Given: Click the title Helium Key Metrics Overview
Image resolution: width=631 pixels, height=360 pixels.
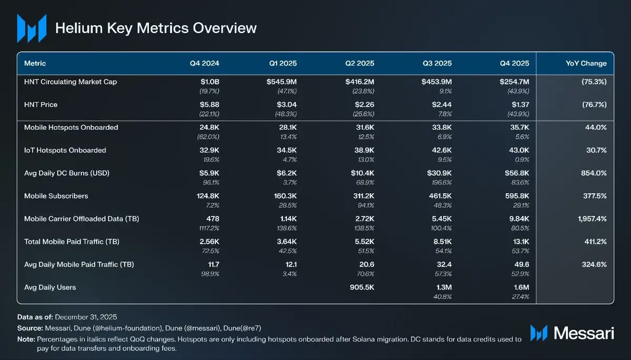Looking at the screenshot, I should tap(156, 27).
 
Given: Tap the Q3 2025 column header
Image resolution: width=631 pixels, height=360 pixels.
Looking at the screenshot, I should tap(437, 63).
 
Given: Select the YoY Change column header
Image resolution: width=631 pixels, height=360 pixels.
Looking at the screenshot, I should tap(586, 63).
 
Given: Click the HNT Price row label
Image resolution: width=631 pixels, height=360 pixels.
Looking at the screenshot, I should tap(41, 105).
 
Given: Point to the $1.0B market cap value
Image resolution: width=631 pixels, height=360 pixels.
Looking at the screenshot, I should tap(207, 82).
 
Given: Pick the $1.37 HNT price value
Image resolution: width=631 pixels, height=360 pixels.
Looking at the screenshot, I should tap(519, 105).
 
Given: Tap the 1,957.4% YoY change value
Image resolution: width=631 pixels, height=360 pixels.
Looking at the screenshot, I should tap(589, 219).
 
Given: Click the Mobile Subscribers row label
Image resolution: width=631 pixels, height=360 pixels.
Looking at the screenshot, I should tap(56, 196).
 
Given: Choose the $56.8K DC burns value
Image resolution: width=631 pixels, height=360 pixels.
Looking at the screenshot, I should tap(516, 173).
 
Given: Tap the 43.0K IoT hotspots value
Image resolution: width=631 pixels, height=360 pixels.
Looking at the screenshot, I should tap(517, 151).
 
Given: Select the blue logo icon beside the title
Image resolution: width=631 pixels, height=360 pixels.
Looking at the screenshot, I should tap(31, 28).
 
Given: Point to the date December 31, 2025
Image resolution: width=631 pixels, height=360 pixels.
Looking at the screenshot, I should tap(86, 317).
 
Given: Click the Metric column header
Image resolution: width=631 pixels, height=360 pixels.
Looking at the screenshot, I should tap(35, 63).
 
